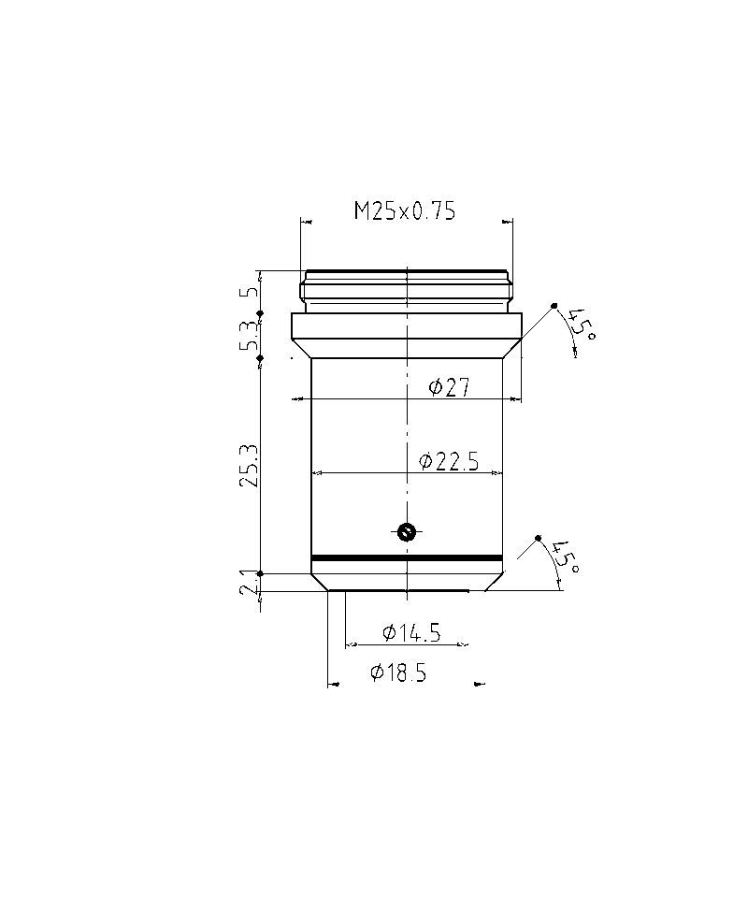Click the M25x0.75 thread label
click(x=405, y=210)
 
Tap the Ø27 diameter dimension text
click(x=449, y=387)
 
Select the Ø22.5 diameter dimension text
click(x=449, y=462)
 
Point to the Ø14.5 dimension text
click(x=411, y=632)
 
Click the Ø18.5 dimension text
click(x=398, y=672)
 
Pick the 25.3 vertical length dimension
click(x=251, y=467)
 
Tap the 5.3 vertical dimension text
click(x=250, y=336)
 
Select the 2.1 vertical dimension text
click(x=250, y=582)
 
